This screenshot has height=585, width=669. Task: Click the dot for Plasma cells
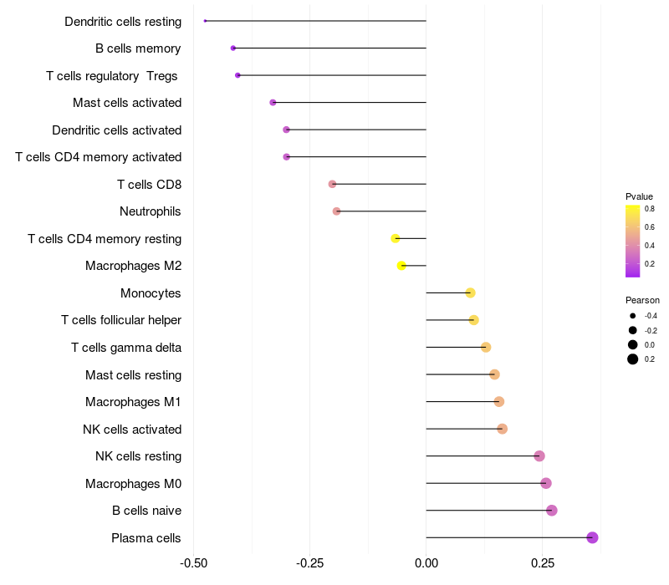(592, 537)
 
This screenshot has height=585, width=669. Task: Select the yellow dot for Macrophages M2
(401, 266)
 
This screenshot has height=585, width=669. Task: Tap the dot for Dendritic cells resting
(205, 21)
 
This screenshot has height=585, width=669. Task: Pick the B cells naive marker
(551, 511)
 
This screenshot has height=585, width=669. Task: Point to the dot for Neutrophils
(337, 211)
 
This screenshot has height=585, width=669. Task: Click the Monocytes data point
(470, 293)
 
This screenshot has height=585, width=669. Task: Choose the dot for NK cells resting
(539, 456)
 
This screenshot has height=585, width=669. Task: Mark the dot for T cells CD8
(332, 184)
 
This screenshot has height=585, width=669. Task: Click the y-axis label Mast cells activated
(127, 103)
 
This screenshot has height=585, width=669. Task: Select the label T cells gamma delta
(126, 348)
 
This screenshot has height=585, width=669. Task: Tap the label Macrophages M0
(133, 484)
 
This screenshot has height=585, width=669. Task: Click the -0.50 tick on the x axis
(194, 563)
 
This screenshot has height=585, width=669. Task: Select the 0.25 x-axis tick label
(542, 563)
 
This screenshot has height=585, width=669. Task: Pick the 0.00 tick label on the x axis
(426, 563)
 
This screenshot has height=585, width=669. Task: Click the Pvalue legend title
(639, 196)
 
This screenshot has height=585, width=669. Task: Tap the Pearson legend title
(642, 300)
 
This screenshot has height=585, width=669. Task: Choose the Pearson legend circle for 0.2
(633, 359)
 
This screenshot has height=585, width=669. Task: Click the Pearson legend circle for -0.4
(633, 316)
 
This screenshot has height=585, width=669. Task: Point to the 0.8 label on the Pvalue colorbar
(650, 209)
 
